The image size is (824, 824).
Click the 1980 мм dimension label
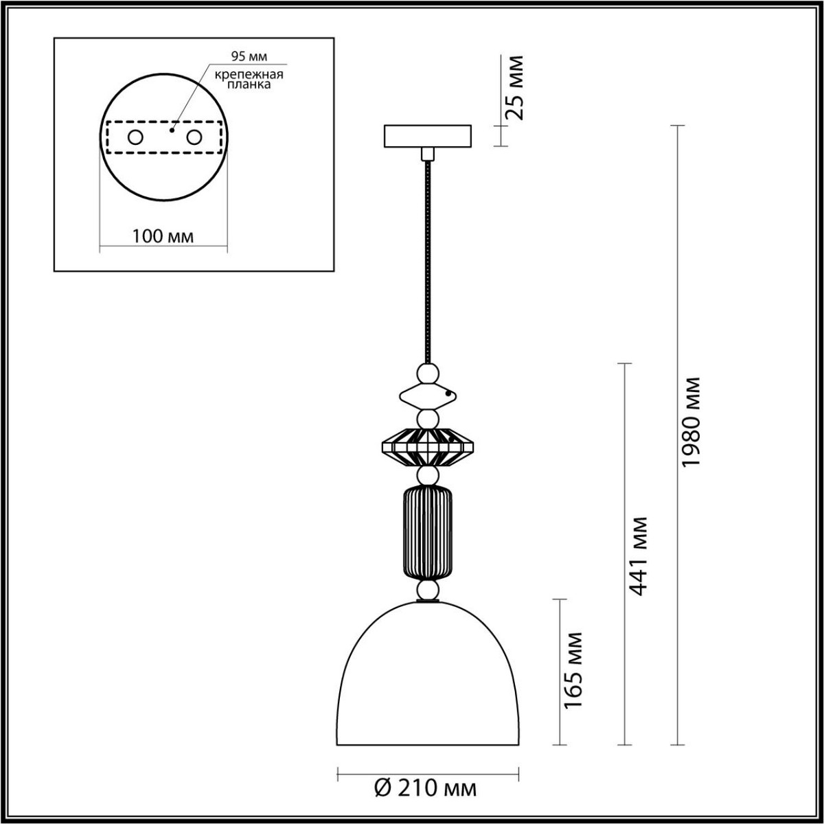[692, 421]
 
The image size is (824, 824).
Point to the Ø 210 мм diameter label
[426, 788]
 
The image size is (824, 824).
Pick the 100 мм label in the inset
[163, 236]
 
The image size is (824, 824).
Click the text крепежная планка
[240, 80]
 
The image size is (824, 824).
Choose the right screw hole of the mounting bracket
[195, 137]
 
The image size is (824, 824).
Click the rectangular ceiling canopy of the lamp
[428, 135]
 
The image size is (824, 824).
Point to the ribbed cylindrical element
[428, 531]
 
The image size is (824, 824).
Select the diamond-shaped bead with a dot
[427, 396]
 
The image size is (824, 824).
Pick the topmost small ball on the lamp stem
[428, 374]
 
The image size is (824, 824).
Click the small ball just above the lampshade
[428, 591]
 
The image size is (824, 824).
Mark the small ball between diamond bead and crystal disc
[428, 418]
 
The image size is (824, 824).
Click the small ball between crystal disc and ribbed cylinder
[428, 477]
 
